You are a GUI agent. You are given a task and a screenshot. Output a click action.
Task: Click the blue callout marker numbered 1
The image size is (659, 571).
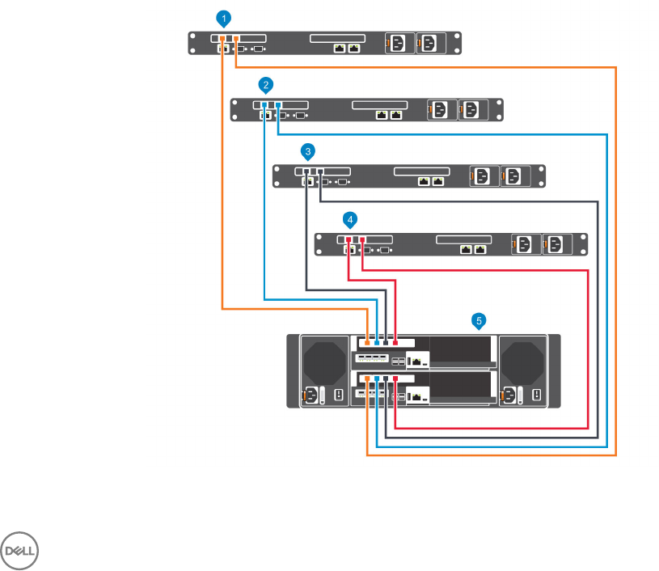(224, 17)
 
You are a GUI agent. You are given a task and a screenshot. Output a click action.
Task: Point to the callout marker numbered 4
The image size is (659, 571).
(349, 219)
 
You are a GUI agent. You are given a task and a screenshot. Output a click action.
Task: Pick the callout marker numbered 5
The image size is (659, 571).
(479, 321)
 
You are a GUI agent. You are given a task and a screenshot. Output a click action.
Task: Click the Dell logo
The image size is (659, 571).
(22, 551)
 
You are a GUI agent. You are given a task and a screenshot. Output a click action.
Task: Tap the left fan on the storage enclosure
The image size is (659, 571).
(323, 362)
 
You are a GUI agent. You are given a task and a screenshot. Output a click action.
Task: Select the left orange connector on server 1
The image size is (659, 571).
(222, 39)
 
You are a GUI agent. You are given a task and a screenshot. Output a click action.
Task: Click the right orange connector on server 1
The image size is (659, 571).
(236, 39)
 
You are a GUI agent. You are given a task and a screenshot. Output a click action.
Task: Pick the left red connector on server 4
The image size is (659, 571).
(349, 240)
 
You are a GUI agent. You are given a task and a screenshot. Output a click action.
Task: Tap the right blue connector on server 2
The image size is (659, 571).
(278, 106)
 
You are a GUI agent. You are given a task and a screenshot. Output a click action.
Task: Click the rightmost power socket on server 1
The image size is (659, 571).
(429, 42)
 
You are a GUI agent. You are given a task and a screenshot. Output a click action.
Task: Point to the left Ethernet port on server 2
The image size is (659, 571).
(381, 115)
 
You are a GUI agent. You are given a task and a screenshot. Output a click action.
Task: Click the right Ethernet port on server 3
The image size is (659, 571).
(437, 182)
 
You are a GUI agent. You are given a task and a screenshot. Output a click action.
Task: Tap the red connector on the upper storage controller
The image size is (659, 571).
(395, 343)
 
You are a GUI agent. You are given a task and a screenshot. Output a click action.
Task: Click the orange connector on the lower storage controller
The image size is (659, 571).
(367, 379)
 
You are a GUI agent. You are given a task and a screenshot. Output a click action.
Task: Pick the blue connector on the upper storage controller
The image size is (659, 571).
(377, 343)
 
